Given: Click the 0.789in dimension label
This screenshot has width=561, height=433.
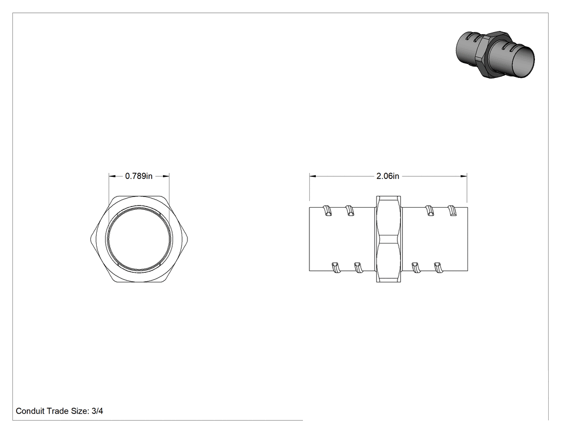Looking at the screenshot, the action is click(x=139, y=176).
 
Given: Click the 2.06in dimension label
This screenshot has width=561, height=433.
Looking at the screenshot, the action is click(x=388, y=176).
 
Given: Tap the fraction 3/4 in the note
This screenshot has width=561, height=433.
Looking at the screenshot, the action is click(x=97, y=411).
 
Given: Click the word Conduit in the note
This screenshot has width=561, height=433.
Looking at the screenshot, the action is click(x=30, y=411).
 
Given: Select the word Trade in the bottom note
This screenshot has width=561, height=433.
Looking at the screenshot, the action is click(x=57, y=411).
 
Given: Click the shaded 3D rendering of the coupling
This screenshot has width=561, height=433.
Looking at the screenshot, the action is click(x=495, y=54).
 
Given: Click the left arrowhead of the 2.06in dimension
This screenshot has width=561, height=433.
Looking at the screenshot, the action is click(x=313, y=176).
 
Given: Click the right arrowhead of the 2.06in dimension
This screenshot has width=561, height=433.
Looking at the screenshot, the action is click(x=464, y=176).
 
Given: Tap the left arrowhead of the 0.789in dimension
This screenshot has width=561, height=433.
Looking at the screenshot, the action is click(x=112, y=176).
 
